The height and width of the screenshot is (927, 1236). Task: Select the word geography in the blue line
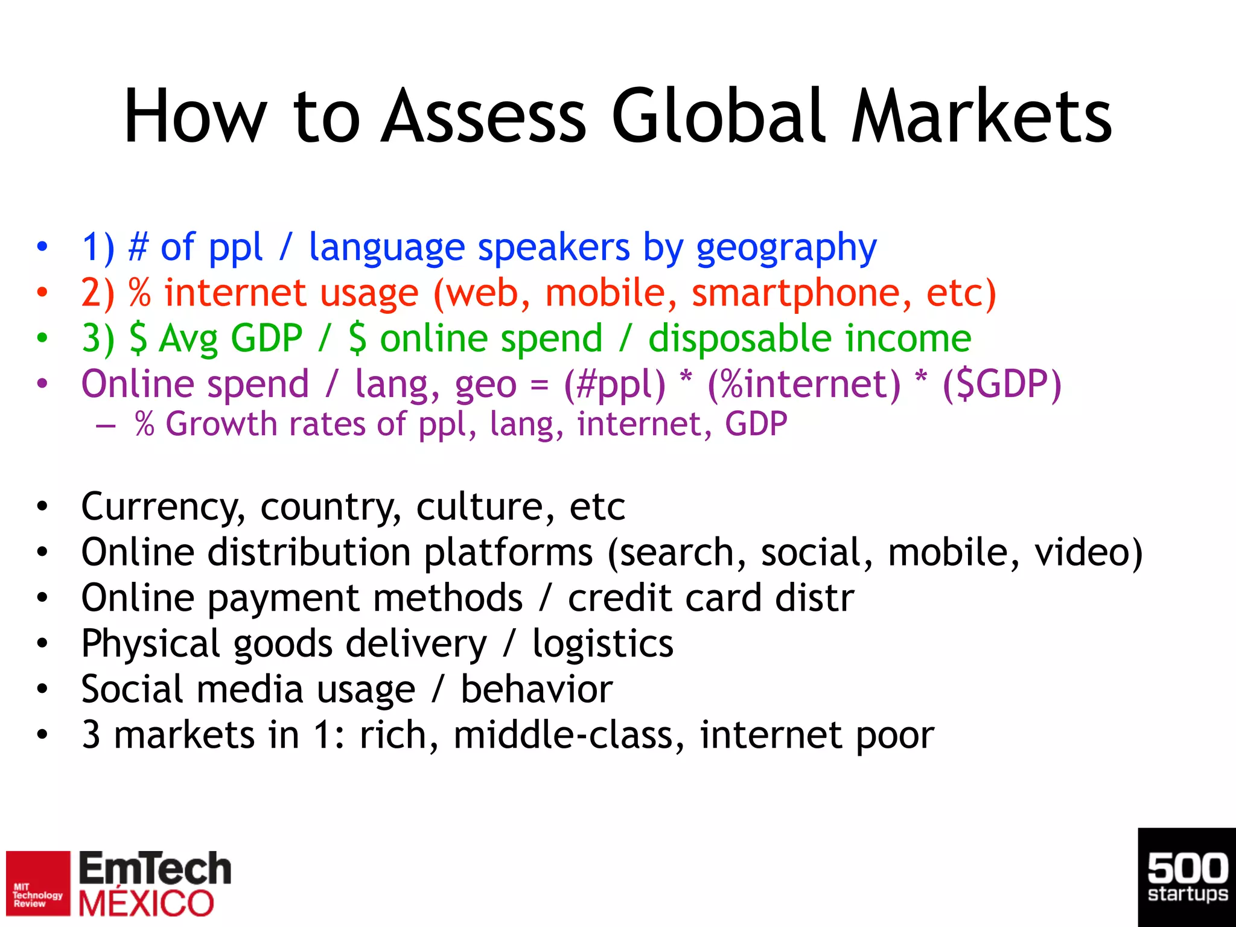pos(786,248)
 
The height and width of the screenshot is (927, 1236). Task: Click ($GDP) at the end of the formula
pos(1001,384)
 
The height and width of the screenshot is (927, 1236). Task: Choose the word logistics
pos(602,644)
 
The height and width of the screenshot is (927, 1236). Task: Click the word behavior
pos(537,689)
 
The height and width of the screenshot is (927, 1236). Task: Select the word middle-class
pos(569,735)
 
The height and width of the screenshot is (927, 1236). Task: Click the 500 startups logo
pos(1187,877)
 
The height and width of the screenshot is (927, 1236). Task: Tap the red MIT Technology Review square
pos(38,883)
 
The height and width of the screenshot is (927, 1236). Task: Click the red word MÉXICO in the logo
pos(146,903)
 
